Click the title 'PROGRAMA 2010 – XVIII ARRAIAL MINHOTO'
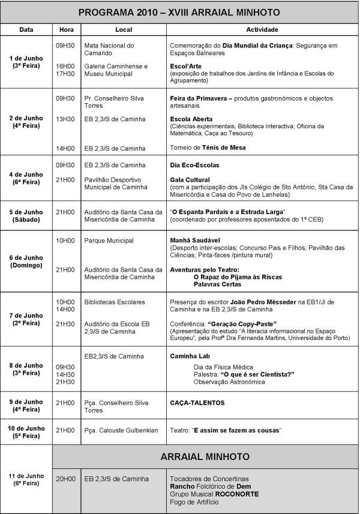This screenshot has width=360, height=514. tap(179, 12)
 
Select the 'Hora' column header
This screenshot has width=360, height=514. tap(66, 29)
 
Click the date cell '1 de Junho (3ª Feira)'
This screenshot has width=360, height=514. tap(26, 62)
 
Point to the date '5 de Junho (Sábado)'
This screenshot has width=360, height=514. tap(26, 215)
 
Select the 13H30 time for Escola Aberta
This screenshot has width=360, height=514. tap(65, 119)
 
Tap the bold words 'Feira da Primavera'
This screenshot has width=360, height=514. tap(199, 98)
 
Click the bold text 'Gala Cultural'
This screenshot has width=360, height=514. tap(190, 180)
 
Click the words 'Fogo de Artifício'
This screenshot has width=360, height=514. tap(194, 501)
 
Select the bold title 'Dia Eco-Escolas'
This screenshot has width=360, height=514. tap(194, 165)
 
